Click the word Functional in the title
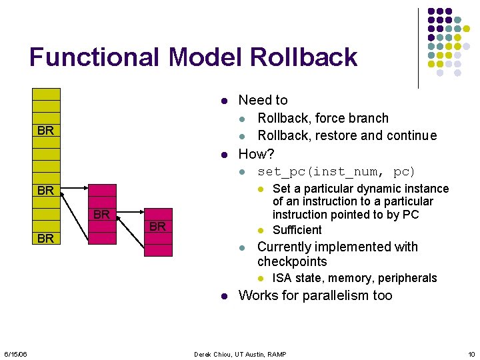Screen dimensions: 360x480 94,57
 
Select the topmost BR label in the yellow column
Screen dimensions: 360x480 46,131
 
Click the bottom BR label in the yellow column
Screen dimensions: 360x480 46,239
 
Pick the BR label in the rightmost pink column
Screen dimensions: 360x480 157,227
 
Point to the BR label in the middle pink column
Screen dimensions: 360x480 101,215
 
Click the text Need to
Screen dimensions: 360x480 263,101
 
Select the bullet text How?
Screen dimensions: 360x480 256,154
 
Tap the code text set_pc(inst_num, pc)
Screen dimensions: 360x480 336,172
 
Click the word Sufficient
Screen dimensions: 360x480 297,230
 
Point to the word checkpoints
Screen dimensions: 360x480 292,262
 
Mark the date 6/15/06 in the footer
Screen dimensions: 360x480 15,353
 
